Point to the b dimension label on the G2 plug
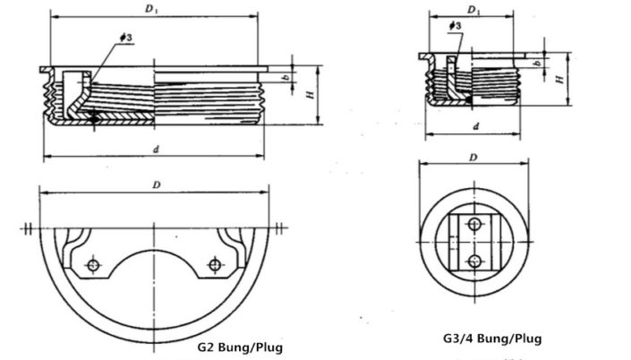(x=284, y=78)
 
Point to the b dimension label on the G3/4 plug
(x=536, y=64)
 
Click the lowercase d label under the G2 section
(x=156, y=149)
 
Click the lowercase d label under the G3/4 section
(x=475, y=126)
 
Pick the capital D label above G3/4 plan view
(x=473, y=158)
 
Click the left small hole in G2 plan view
(x=92, y=264)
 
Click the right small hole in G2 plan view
(x=213, y=264)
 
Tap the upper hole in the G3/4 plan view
(x=474, y=224)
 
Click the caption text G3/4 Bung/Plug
(x=491, y=339)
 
